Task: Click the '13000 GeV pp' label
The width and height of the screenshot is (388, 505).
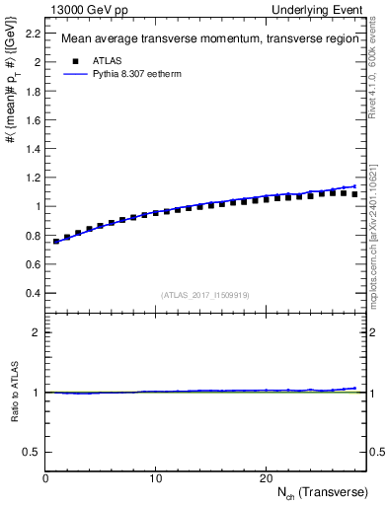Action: click(x=82, y=9)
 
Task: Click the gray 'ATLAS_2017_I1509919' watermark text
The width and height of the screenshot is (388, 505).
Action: click(x=205, y=294)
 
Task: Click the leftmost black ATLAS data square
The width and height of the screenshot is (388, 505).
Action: click(x=56, y=241)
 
